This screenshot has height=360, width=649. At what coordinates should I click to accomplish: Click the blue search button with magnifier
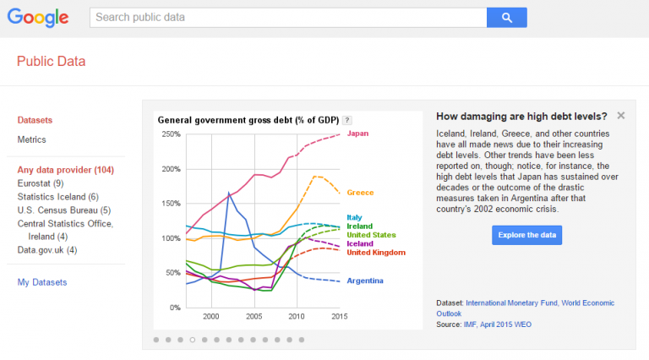[x=506, y=17]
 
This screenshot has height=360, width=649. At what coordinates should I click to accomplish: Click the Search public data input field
[x=287, y=17]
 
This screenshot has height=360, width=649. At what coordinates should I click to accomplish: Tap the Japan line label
[x=357, y=134]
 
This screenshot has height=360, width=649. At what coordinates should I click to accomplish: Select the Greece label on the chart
[x=360, y=193]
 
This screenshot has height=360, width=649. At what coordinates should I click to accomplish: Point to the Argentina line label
[x=365, y=281]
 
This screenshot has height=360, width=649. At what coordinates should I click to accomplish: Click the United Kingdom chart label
[x=376, y=253]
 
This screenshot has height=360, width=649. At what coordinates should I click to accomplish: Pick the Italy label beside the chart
[x=354, y=217]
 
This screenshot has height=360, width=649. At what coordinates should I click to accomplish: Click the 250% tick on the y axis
[x=170, y=134]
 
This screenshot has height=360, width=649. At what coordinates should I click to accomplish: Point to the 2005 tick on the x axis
[x=254, y=316]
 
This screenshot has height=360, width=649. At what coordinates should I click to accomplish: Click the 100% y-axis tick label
[x=170, y=238]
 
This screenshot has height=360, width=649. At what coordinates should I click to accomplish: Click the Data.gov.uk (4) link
[x=47, y=250]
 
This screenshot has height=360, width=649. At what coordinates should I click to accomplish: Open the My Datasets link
[x=42, y=282]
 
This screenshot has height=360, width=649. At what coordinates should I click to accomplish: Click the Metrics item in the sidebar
[x=32, y=139]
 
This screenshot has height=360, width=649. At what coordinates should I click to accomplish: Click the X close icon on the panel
[x=621, y=116]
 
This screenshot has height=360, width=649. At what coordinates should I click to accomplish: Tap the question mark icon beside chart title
[x=347, y=120]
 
